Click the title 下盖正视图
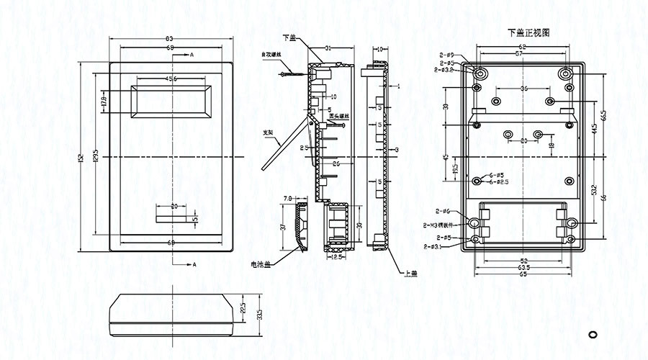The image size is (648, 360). point(528,33)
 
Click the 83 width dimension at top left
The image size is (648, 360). point(169,38)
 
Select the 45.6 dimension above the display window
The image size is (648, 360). point(171,78)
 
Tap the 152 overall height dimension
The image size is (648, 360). point(81,156)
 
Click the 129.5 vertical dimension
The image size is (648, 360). point(96,156)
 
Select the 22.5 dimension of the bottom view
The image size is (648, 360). point(243,309)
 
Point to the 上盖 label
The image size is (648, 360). point(411,273)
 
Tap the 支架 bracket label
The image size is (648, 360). point(268,132)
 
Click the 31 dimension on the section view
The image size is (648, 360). point(328,48)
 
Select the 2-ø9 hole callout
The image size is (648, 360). point(446,55)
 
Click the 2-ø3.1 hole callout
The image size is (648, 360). point(433,246)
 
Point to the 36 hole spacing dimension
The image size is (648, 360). point(523,87)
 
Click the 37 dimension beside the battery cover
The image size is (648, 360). point(283,228)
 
